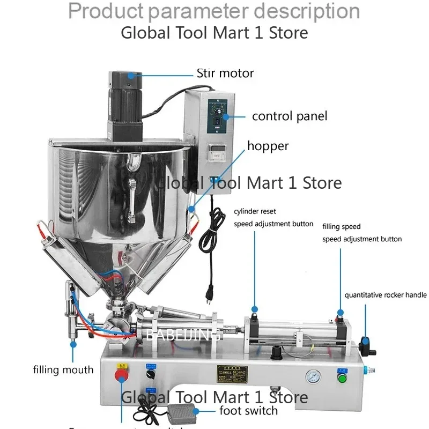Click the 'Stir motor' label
(225, 73)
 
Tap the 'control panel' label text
(289, 116)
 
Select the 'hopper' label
(268, 146)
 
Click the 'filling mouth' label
(63, 369)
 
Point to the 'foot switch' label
(249, 411)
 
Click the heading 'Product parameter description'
(214, 11)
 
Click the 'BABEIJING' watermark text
(184, 335)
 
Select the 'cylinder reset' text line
(255, 212)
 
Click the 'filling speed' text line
(342, 227)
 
